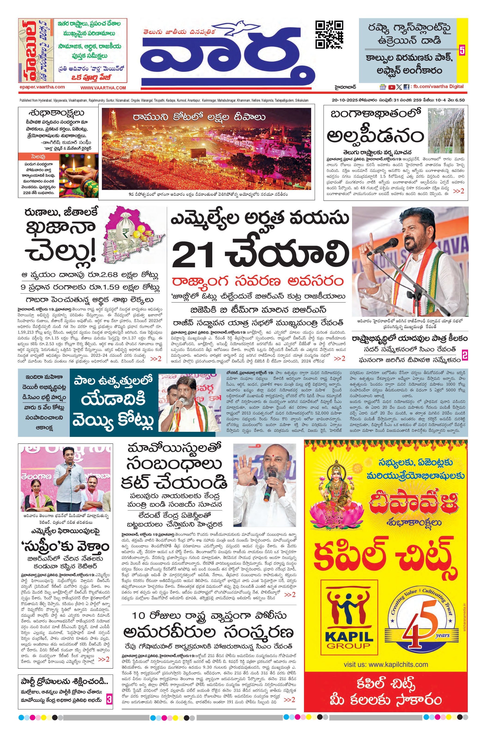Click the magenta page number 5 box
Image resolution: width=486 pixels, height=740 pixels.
(462, 50)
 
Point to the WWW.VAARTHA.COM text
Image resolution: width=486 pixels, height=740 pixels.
(103, 88)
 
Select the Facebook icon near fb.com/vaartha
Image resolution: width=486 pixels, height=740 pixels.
(406, 87)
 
